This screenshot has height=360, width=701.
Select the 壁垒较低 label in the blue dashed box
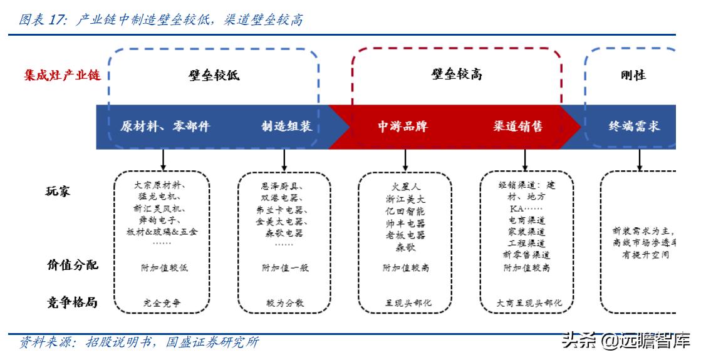pos(214,76)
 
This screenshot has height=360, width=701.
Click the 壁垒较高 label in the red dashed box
pos(457,75)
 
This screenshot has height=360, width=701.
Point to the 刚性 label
pos(633,75)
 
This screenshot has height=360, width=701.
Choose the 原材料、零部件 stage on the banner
pos(165,126)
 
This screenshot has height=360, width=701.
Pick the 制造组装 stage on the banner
pos(286,126)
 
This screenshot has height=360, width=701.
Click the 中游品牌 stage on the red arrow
pos(402,126)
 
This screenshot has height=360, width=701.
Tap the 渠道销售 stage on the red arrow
pos(517,126)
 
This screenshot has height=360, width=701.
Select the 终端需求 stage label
pos(634,126)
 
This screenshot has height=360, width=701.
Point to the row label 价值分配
pos(72,264)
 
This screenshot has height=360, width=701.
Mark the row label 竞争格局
pos(72,302)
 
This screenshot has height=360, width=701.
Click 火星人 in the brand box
pos(405,186)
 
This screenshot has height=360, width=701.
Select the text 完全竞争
pos(162,303)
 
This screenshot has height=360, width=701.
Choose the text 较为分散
pos(285,303)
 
